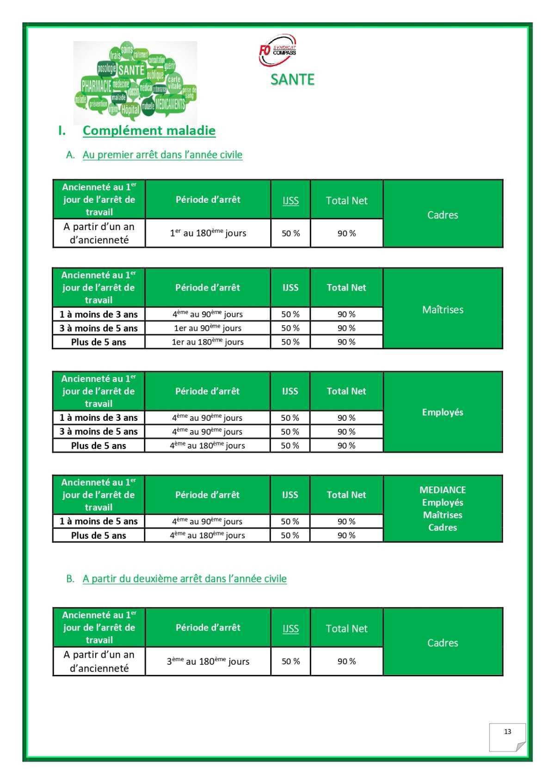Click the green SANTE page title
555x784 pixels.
coord(292,79)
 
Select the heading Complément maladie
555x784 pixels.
coord(149,131)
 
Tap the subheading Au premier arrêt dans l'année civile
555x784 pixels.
coord(162,155)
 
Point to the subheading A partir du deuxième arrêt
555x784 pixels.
coord(185,579)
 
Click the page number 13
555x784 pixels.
coord(507,732)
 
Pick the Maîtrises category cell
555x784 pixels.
coord(443,310)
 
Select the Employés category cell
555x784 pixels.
coord(443,412)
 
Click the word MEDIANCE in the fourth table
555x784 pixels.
coord(443,490)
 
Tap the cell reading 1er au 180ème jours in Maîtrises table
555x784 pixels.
coord(208,342)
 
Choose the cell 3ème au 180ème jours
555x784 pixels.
coord(208,662)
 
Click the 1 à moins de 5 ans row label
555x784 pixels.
coord(99,522)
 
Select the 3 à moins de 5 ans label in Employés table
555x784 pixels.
coord(99,432)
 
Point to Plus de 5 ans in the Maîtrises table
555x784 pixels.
coord(99,342)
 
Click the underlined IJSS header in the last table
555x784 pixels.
coord(290,629)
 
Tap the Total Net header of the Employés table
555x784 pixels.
coord(346,391)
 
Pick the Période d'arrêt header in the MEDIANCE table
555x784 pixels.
coord(207,495)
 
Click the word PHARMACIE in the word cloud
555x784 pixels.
coord(96,86)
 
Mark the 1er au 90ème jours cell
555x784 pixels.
coord(208,328)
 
